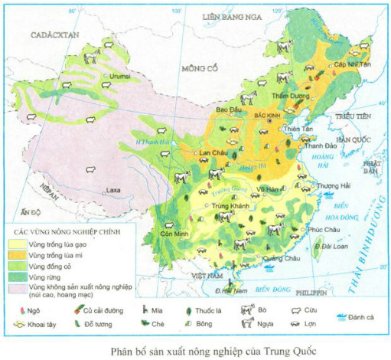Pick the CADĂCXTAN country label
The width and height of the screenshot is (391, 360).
44,34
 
